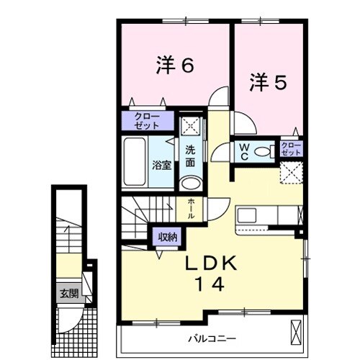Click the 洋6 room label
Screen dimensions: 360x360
pos(175,66)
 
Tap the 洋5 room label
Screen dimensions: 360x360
pos(269,82)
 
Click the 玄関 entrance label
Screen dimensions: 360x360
pos(69,293)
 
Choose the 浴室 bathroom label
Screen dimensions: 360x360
pos(161,165)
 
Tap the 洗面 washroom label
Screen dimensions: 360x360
pos(190,157)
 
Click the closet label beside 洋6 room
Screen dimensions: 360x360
pos(147,120)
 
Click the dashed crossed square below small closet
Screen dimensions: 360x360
pos(291,173)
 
